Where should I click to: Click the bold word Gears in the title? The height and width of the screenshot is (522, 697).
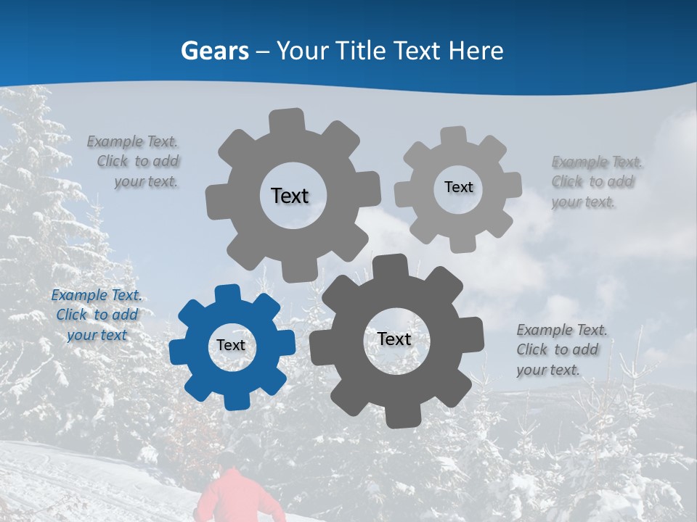click(214, 51)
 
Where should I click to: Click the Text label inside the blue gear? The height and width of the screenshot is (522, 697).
click(231, 345)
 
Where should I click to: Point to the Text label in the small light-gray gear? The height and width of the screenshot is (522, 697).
click(458, 187)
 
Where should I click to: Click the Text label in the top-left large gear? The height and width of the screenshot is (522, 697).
click(290, 196)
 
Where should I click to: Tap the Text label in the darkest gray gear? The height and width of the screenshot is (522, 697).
click(394, 339)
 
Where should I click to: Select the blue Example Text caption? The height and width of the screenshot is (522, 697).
click(97, 315)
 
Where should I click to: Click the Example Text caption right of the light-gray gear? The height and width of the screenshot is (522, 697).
click(597, 182)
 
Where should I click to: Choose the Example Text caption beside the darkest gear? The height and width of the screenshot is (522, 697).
click(561, 349)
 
